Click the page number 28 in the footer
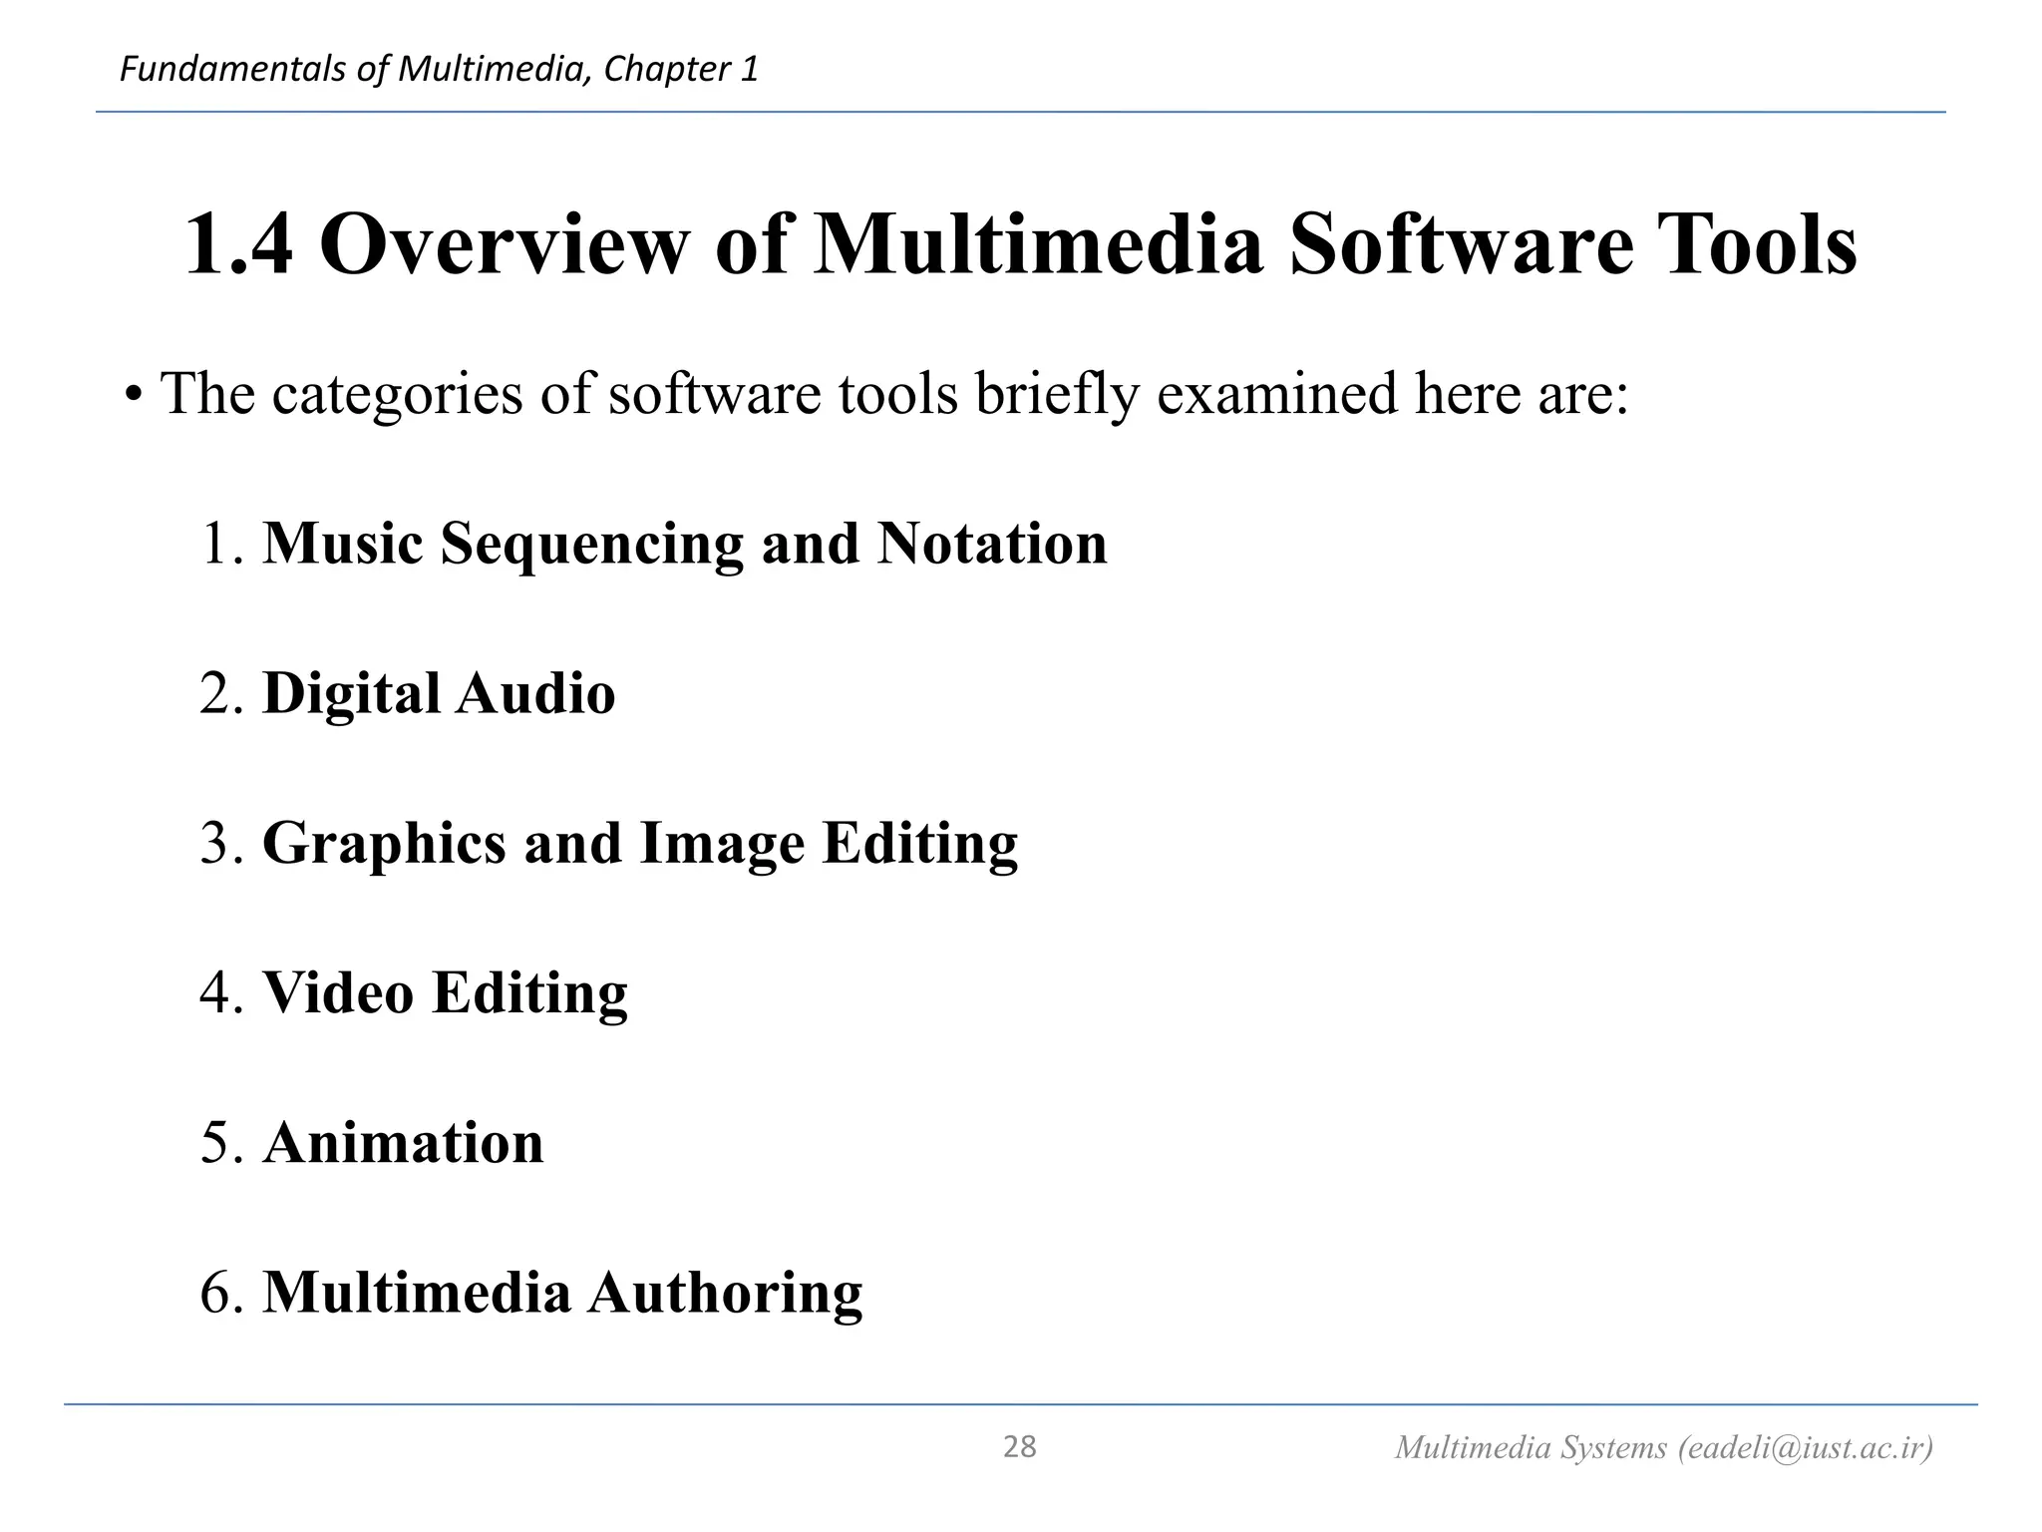coord(1019,1446)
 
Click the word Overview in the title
coord(504,244)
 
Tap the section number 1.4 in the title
coord(239,244)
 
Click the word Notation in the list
coord(992,544)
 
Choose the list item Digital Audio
coord(439,693)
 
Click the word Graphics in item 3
coord(384,844)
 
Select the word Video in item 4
coord(338,993)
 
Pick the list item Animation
coord(404,1143)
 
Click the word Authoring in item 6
coord(725,1294)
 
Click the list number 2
coord(217,694)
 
